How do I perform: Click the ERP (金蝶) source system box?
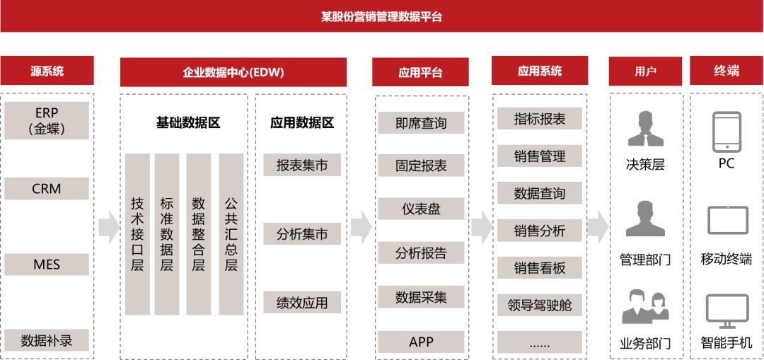(x=47, y=120)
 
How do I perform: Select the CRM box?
(x=47, y=189)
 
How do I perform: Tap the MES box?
(x=47, y=265)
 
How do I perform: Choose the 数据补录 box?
(x=47, y=340)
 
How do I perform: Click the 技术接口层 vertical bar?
(x=137, y=234)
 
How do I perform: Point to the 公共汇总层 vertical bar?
(x=231, y=234)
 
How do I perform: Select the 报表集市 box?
(x=302, y=166)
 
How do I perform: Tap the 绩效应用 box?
(x=302, y=303)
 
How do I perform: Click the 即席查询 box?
(x=421, y=123)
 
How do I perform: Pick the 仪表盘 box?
(x=421, y=209)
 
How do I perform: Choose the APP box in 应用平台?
(x=421, y=342)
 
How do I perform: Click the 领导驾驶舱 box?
(x=540, y=306)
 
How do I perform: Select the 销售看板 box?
(x=540, y=268)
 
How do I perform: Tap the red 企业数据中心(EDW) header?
(x=233, y=72)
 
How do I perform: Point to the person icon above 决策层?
(x=645, y=129)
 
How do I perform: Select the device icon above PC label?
(x=727, y=132)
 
